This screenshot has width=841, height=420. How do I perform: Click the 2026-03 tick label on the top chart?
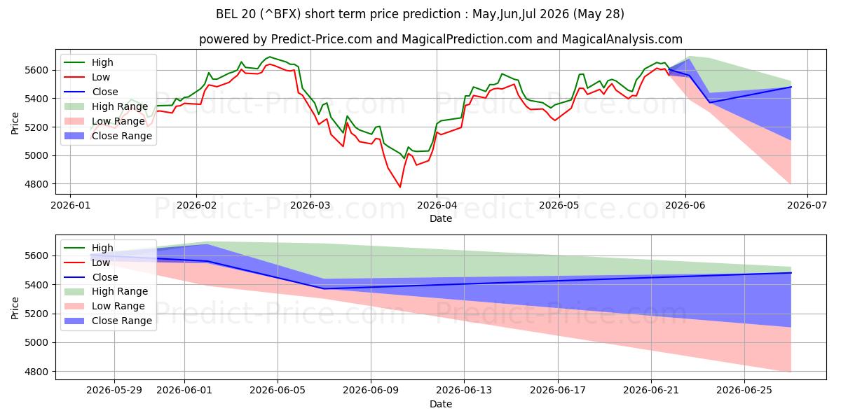[x=310, y=205]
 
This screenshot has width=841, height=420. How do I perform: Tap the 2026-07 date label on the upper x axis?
[x=807, y=205]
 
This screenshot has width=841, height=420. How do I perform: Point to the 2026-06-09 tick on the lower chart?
[x=371, y=391]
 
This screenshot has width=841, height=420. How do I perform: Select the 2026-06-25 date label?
[x=744, y=391]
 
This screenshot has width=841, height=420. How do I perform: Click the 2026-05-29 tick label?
[x=114, y=391]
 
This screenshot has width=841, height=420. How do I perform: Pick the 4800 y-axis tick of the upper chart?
[x=36, y=184]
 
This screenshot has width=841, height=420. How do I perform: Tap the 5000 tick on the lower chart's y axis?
[x=36, y=343]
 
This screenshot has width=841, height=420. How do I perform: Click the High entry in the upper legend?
[x=102, y=62]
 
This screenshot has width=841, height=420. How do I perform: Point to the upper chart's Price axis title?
[x=15, y=123]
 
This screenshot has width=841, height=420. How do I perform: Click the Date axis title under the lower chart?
[x=441, y=404]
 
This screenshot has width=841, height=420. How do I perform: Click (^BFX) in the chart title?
[x=280, y=14]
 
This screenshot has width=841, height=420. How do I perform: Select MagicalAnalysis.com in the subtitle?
[x=622, y=39]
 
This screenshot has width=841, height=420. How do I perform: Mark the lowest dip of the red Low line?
[x=400, y=187]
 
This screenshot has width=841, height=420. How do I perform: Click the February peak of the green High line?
[x=269, y=57]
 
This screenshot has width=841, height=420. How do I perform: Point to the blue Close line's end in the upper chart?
[x=791, y=87]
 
